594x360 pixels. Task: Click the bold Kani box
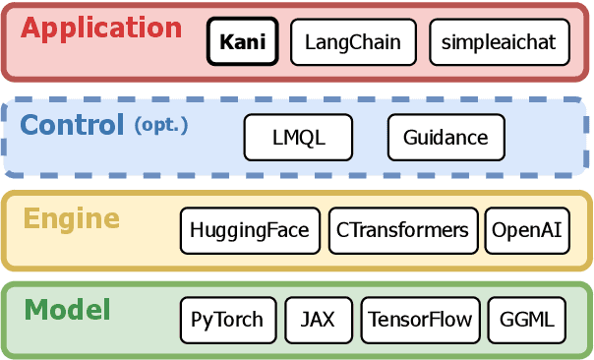coord(243,43)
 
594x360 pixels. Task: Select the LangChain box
coord(353,43)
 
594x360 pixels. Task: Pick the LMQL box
coord(298,138)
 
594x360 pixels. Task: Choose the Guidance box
coord(445,138)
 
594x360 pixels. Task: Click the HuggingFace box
coord(251,230)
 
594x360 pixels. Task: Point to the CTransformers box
coord(403,230)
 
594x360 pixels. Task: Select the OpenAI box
coord(527,230)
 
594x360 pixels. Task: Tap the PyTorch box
coord(227,320)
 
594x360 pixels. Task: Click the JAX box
coord(318,320)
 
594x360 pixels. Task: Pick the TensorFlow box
coord(420,320)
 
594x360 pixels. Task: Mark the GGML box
coord(527,320)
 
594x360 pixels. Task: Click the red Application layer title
coord(101,28)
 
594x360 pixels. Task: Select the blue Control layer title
coord(72,125)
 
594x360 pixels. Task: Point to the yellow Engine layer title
coord(71,218)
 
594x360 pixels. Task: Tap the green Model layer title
coord(67,311)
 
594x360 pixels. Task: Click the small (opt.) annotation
coord(160,126)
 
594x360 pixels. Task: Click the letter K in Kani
coord(225,43)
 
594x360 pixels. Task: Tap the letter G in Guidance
coord(410,138)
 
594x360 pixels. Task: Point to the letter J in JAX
coord(305,320)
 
